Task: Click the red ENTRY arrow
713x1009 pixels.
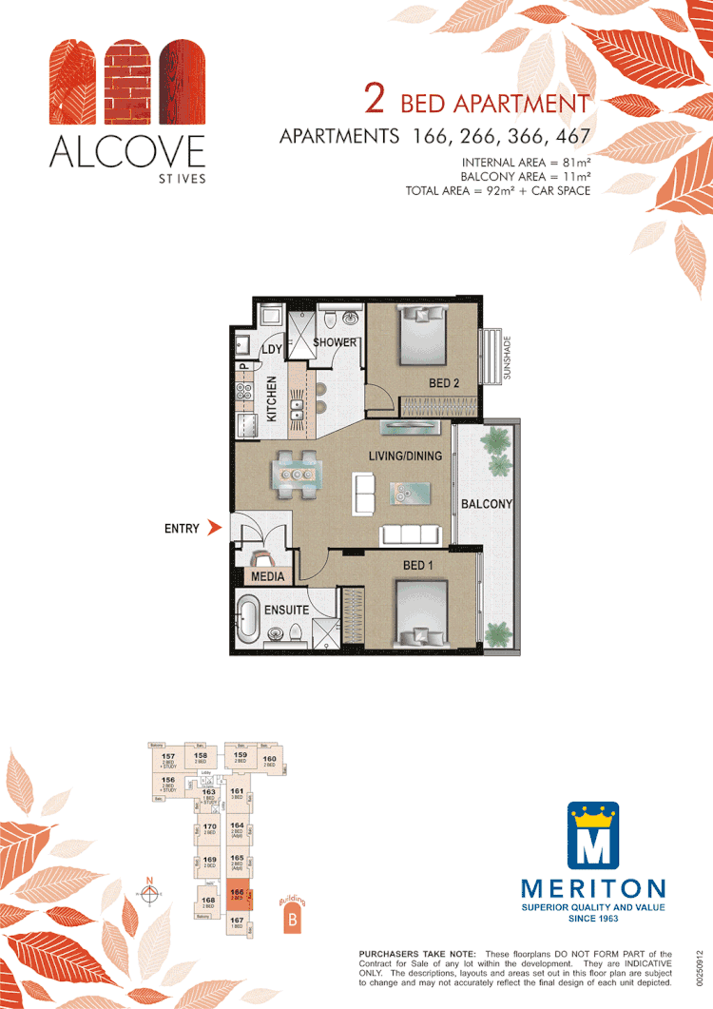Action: coord(215,528)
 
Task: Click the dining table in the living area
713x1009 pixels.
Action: coord(295,473)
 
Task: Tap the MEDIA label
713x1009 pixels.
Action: coord(268,576)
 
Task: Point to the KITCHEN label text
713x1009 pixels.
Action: coord(272,399)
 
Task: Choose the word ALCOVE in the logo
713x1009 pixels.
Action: coord(126,152)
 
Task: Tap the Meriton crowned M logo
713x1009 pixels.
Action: coord(593,836)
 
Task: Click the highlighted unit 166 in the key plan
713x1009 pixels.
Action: coord(238,897)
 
